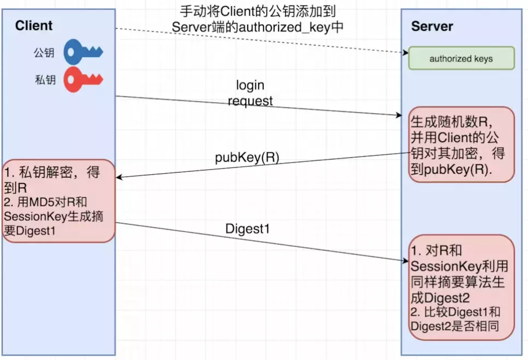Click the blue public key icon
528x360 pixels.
82,53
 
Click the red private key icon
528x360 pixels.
82,80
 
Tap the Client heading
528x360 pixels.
34,25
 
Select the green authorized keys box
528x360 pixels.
461,58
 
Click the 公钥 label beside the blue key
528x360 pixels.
45,53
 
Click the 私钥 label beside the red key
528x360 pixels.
45,80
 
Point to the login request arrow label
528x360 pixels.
250,93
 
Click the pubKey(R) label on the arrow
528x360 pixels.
247,157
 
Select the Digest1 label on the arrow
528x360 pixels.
248,229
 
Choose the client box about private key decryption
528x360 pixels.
58,201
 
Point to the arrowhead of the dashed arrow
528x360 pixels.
404,53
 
